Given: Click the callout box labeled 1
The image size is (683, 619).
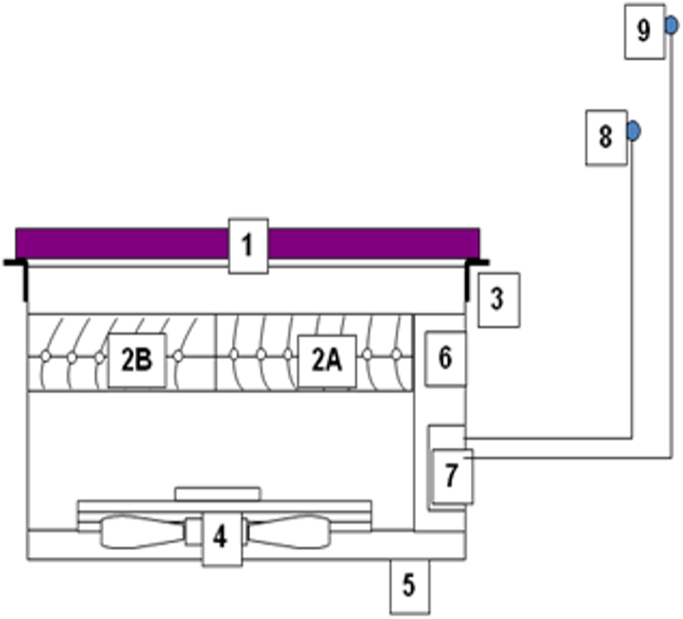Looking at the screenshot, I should (x=248, y=245).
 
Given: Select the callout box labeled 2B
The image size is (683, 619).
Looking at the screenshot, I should (x=137, y=360).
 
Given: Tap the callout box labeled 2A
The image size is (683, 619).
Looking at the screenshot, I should (x=327, y=360).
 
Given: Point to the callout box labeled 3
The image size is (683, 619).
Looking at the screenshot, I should (x=498, y=299).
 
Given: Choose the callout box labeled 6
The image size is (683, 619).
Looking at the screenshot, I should (x=445, y=358).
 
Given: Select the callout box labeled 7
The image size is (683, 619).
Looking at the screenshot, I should (x=451, y=475).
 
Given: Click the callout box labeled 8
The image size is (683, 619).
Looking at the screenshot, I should (x=605, y=137).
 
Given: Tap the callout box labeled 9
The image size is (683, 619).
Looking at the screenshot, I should (x=644, y=32).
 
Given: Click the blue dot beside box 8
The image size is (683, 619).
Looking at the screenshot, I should (x=633, y=131).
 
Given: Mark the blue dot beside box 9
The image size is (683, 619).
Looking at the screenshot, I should (x=672, y=26).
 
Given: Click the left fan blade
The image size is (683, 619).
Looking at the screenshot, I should (x=141, y=534).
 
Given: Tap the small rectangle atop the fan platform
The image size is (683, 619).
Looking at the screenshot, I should (x=217, y=493).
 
